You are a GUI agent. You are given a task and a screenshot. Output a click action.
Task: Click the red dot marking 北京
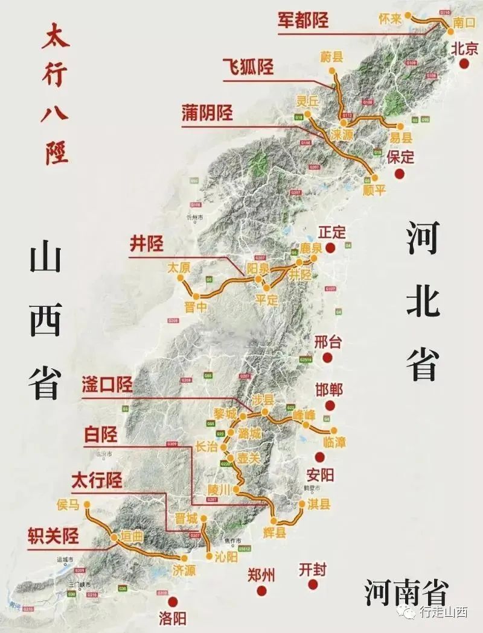(464, 65)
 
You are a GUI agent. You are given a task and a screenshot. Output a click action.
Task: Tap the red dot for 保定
(399, 174)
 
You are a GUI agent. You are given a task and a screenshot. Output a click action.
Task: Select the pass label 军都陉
(303, 19)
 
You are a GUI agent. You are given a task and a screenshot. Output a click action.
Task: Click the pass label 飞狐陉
(248, 66)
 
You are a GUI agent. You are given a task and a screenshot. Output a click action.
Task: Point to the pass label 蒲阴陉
(207, 113)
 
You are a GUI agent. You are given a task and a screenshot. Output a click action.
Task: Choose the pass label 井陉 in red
(147, 244)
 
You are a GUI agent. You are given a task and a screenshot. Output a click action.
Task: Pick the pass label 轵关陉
(54, 535)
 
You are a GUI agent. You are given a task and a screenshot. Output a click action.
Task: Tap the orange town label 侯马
(67, 505)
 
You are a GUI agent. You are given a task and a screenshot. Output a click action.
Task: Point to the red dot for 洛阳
(173, 602)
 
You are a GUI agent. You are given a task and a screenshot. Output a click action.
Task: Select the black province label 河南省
(406, 592)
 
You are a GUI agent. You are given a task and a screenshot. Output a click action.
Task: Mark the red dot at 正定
(330, 248)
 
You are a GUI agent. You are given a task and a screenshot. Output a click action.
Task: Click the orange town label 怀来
(390, 19)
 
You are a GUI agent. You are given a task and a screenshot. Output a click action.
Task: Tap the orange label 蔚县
(332, 57)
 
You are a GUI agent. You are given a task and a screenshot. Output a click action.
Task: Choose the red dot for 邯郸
(329, 406)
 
